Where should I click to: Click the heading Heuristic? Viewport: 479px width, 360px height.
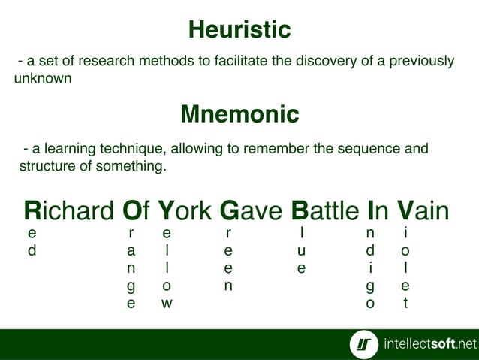pos(239,30)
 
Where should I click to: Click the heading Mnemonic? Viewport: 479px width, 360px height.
pos(239,114)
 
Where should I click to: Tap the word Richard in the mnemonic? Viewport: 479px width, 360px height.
pos(68,211)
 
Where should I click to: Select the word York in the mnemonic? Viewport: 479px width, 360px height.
pos(187,211)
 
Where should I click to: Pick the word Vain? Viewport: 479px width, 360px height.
pos(423,211)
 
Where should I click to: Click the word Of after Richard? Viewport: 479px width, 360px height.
pos(137,211)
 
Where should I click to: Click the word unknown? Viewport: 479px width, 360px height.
pos(43,78)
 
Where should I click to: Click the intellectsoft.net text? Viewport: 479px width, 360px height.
pos(429,344)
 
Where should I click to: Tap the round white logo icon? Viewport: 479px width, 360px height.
pos(364,344)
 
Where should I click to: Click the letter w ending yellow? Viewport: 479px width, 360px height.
pos(167,304)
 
